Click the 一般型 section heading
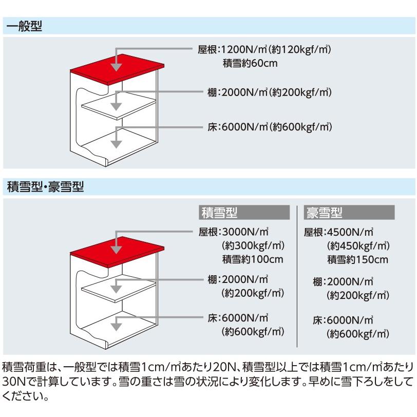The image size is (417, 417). tap(24, 26)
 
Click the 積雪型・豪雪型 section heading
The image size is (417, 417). tap(46, 187)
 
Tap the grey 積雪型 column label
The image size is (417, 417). tap(244, 213)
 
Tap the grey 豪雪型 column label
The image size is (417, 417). tap(349, 213)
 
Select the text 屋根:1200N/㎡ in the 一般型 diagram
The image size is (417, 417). tap(233, 49)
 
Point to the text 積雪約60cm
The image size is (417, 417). tap(250, 63)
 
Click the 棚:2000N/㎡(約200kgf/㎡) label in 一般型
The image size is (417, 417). tap(270, 92)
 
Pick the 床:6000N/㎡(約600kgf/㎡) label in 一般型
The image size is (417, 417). tap(270, 127)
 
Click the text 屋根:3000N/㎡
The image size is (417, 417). tap(233, 232)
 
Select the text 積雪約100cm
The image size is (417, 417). tap(253, 259)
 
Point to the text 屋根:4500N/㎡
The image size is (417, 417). tap(338, 232)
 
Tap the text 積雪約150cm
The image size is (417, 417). tap(358, 259)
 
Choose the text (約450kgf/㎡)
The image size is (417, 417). tap(358, 245)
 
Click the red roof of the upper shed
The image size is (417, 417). tap(117, 69)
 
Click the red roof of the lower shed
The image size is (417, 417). tap(117, 251)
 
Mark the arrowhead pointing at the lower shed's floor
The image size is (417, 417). tap(116, 327)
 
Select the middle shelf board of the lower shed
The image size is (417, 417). tap(119, 289)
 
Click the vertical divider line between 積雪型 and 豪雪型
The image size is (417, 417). tap(297, 276)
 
